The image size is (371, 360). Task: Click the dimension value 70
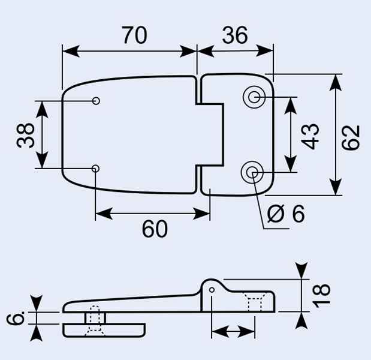pos(134,36)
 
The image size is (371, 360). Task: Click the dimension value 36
pos(234,36)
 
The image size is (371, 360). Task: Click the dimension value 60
pos(155,229)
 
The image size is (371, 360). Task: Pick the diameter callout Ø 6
pos(286,214)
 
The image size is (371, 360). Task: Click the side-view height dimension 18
pos(322,295)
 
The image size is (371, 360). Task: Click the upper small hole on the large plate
pos(96,101)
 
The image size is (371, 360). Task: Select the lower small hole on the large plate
pos(95,169)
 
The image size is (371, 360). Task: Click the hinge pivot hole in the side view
pos(213,292)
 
